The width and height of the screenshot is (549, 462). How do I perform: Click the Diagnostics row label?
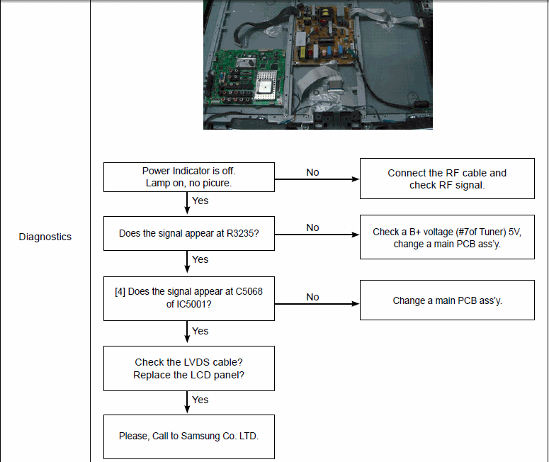point(45,237)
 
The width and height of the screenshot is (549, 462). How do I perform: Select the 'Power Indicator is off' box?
point(189,177)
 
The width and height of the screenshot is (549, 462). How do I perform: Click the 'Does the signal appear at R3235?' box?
point(189,233)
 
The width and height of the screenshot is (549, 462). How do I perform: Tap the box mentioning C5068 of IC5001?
point(189,298)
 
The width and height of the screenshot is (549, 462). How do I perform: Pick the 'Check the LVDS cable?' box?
point(189,368)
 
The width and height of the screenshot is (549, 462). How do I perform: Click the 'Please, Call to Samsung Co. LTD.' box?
point(189,436)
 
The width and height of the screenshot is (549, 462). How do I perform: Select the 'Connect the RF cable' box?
point(447,179)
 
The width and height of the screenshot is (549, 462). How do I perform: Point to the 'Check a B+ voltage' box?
point(447,237)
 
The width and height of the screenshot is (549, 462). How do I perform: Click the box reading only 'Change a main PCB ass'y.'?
point(447,300)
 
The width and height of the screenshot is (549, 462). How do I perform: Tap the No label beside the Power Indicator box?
point(312,172)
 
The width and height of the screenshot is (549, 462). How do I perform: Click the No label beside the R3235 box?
point(312,227)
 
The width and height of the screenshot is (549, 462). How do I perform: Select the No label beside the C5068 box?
point(312,297)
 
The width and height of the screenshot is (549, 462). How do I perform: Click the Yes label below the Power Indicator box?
point(200,201)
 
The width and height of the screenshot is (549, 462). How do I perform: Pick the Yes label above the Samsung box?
point(200,400)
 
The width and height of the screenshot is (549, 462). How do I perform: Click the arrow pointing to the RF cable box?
point(317,179)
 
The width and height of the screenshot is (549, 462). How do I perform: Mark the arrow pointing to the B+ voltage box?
point(317,235)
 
